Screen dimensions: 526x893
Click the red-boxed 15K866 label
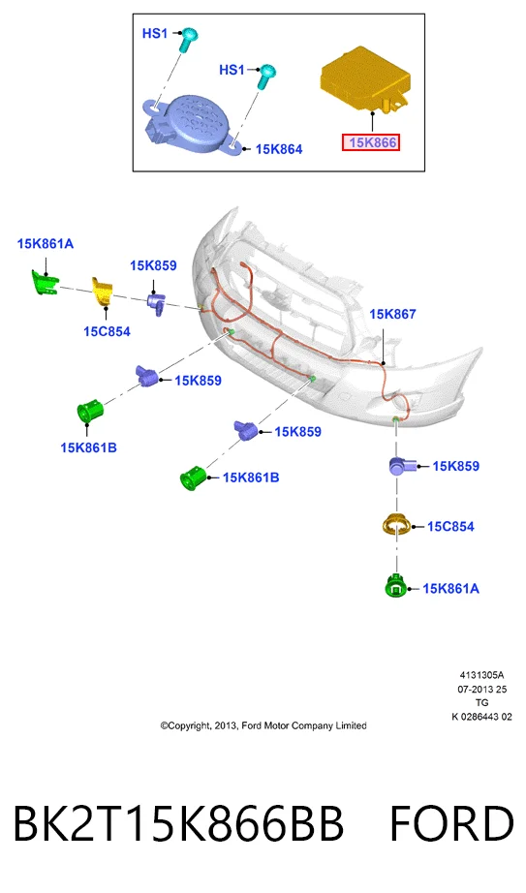(370, 142)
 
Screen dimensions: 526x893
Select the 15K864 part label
(279, 149)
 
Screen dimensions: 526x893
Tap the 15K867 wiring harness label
(392, 314)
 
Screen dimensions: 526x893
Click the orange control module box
(365, 79)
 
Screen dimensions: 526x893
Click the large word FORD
(451, 823)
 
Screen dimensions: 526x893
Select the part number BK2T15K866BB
(178, 823)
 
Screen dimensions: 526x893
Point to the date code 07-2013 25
(481, 689)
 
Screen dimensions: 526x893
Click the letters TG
(481, 703)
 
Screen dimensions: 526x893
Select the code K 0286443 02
(481, 717)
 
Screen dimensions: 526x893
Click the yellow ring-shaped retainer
(395, 525)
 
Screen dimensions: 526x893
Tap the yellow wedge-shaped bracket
(103, 291)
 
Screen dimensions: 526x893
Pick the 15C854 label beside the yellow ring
(450, 526)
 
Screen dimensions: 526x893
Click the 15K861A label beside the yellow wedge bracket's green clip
(45, 244)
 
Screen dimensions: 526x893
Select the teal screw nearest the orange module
(266, 77)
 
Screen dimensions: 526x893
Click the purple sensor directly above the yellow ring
(402, 466)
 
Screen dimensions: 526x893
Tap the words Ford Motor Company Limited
(304, 726)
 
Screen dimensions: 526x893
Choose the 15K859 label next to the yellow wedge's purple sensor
(153, 265)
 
